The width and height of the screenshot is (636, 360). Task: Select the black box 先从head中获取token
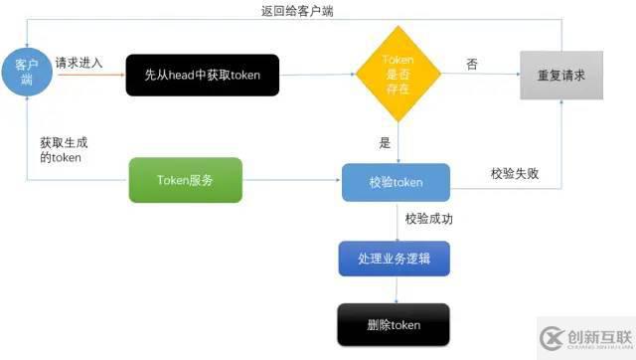pyautogui.click(x=202, y=76)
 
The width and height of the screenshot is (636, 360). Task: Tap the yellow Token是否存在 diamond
pyautogui.click(x=397, y=75)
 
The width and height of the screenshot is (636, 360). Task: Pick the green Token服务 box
pyautogui.click(x=185, y=181)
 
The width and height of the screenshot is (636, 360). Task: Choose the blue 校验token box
pyautogui.click(x=396, y=182)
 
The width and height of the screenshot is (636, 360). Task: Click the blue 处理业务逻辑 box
pyautogui.click(x=395, y=259)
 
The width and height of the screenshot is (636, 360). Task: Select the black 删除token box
pyautogui.click(x=395, y=324)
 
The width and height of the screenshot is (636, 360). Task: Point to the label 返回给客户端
pyautogui.click(x=295, y=10)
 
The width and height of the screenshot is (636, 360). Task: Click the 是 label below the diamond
pyautogui.click(x=385, y=143)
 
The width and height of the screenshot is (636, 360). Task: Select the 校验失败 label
pyautogui.click(x=515, y=173)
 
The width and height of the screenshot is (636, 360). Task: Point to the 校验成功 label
pyautogui.click(x=430, y=218)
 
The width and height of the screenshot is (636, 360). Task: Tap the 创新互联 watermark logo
pyautogui.click(x=584, y=335)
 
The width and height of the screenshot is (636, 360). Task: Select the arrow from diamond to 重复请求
pyautogui.click(x=477, y=76)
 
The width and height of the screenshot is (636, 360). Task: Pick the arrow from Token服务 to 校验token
pyautogui.click(x=292, y=181)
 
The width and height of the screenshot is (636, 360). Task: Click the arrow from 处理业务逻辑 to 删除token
pyautogui.click(x=396, y=289)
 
